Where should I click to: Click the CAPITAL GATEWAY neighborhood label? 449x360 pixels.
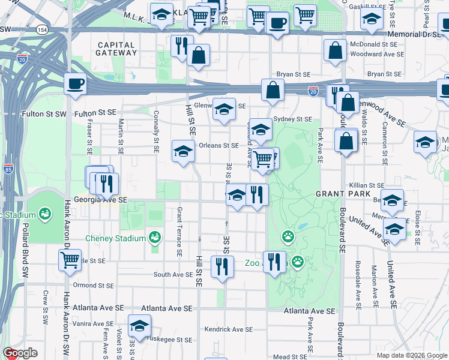116,49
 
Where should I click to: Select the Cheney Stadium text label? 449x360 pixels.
116,238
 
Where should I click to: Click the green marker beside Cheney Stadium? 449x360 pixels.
155,238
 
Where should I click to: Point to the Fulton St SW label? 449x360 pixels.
44,113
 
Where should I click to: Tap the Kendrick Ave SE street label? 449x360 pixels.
229,329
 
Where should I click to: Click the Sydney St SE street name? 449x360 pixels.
293,119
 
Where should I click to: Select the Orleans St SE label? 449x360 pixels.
218,145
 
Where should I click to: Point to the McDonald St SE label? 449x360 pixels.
373,44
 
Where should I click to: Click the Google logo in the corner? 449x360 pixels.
20,353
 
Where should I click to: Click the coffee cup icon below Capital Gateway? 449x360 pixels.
76,84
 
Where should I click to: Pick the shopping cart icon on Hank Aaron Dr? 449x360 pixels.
70,260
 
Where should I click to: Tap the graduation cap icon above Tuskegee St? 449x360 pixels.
139,326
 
